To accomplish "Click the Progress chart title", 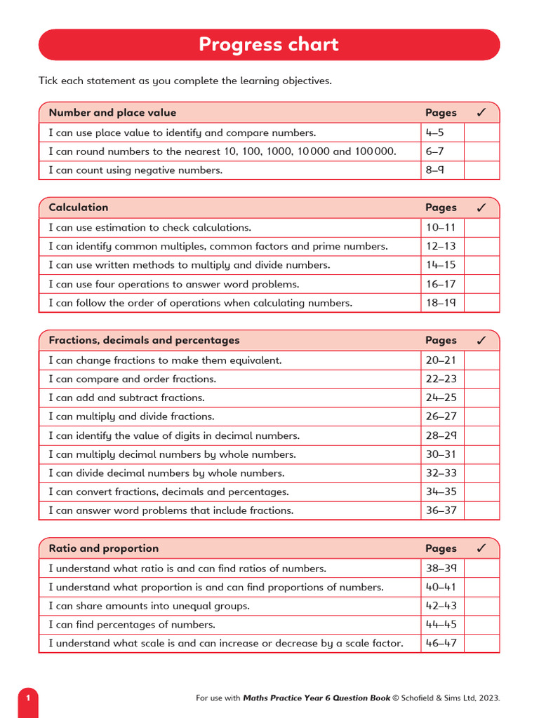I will [269, 45].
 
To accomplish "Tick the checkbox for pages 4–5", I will [481, 133].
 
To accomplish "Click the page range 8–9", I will [434, 170].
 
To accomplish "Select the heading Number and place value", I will [112, 113].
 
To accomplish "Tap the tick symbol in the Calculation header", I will [481, 208].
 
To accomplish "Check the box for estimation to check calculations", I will [481, 227].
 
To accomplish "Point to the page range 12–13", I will [441, 246].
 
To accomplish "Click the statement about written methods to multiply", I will [189, 265].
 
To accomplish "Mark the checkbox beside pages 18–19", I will [481, 303].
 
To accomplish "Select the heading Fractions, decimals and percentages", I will [144, 340].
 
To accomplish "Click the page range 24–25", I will [441, 398].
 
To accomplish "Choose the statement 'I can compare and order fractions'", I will [132, 379].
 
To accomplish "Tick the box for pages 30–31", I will [481, 454].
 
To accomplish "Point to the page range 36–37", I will [441, 510].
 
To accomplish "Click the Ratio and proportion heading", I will [103, 548].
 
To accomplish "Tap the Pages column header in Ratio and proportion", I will [441, 548].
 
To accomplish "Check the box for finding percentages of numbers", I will [481, 624].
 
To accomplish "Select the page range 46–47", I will [441, 643].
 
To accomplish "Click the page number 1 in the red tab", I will [28, 698].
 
